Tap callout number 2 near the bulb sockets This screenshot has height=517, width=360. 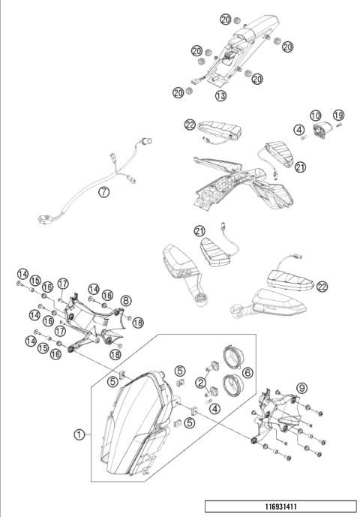202,382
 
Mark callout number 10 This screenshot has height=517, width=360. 316,116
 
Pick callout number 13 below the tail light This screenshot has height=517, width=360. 220,96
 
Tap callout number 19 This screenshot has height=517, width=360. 339,116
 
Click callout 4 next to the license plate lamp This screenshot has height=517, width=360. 298,129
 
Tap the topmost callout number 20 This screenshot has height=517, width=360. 225,18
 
